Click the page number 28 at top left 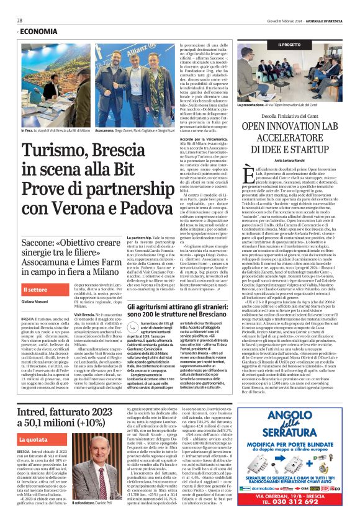tap(20, 20)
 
